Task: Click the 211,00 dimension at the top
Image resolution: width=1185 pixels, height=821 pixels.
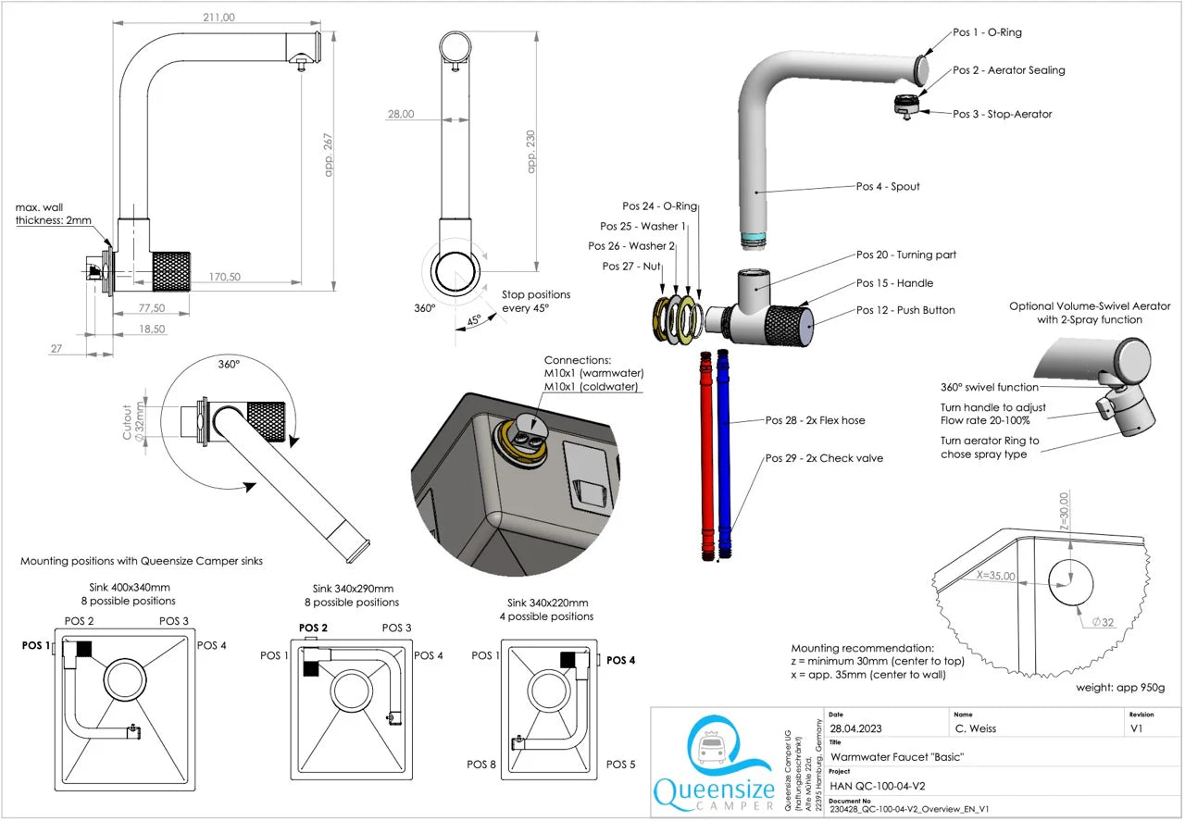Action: (218, 17)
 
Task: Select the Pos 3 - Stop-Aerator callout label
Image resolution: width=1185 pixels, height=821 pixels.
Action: (1002, 114)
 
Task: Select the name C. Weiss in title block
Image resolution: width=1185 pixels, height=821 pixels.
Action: (978, 728)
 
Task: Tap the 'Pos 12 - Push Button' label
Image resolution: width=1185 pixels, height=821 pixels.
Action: (905, 310)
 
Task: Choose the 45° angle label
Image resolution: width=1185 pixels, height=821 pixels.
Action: (472, 320)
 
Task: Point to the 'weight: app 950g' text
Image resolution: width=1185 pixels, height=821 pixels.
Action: (1119, 688)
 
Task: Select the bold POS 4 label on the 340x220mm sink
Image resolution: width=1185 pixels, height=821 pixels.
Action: (620, 660)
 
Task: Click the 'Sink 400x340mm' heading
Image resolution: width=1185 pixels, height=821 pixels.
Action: (118, 587)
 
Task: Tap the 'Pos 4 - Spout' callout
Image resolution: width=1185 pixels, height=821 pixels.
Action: (888, 186)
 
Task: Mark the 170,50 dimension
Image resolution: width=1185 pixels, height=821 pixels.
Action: (224, 276)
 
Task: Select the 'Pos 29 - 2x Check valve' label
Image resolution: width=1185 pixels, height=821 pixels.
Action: (824, 458)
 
